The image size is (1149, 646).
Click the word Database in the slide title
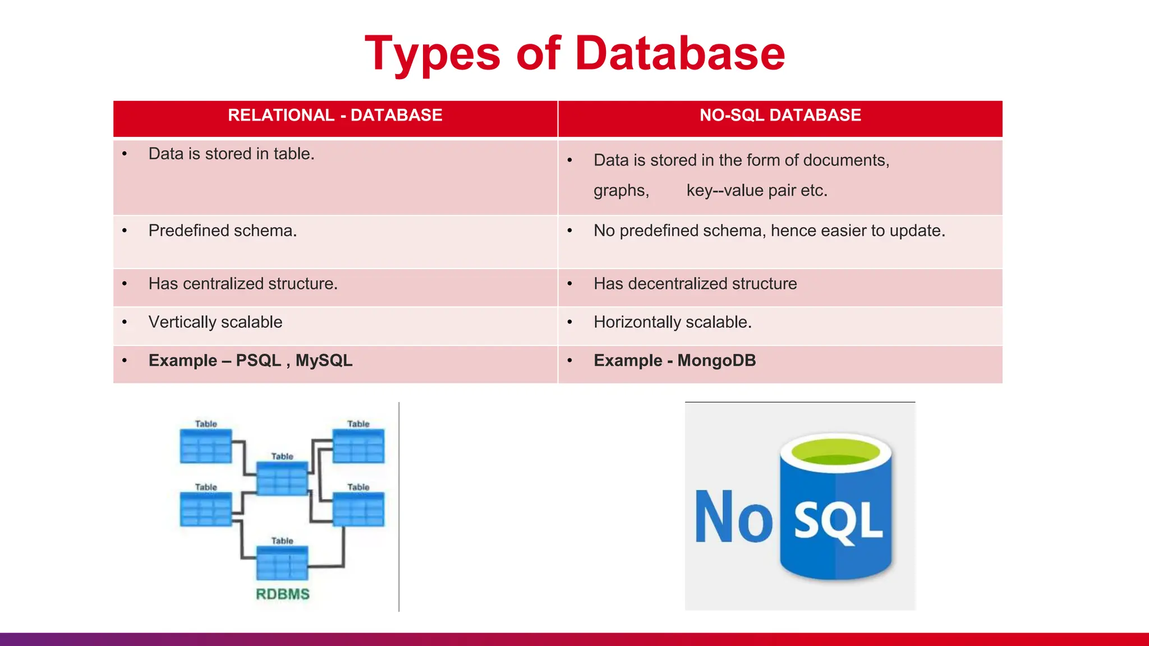679,53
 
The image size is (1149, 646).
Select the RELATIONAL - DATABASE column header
335,116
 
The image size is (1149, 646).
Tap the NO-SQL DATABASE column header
780,116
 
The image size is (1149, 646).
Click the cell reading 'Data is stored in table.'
231,154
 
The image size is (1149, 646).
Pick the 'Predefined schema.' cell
223,230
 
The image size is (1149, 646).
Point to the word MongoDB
716,361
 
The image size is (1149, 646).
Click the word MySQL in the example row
324,361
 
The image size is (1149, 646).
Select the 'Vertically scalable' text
215,322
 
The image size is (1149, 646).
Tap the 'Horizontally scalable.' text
673,322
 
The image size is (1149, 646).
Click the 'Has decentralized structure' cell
695,284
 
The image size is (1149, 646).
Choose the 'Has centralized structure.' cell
243,284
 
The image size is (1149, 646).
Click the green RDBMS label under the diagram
283,594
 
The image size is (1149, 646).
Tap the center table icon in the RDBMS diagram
282,478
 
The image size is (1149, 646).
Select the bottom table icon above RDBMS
282,563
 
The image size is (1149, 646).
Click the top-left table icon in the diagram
206,446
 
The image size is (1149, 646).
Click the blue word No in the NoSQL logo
733,517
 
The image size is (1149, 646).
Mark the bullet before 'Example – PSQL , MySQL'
125,361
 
